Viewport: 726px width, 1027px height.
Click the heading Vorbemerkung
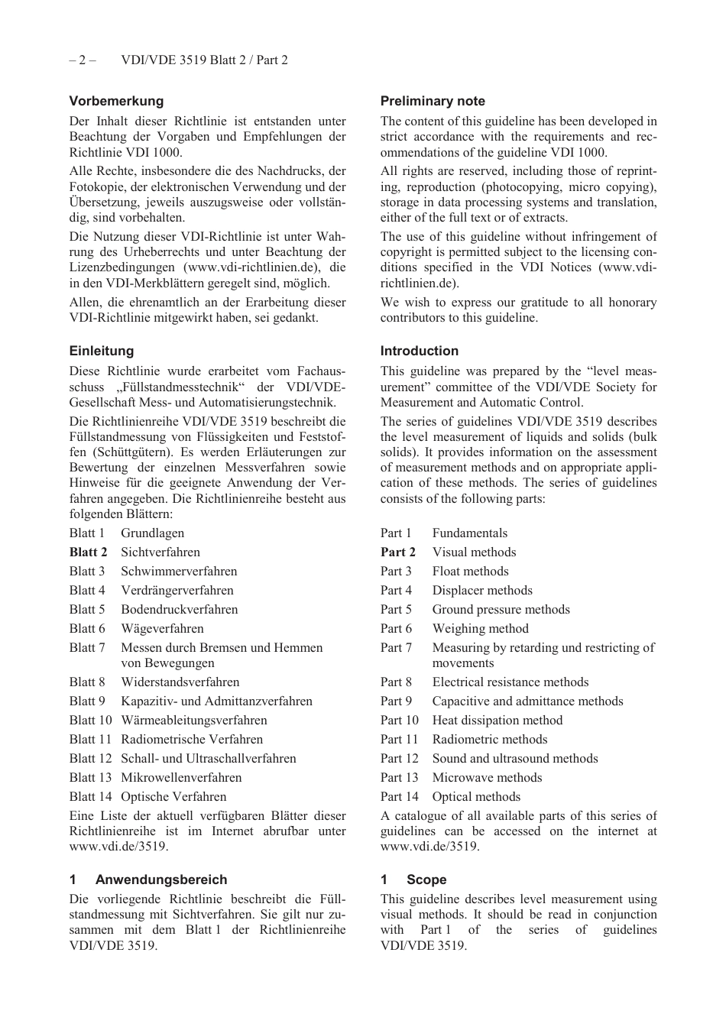click(x=116, y=101)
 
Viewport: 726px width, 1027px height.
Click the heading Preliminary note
click(x=433, y=101)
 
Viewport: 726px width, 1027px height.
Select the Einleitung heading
click(x=101, y=351)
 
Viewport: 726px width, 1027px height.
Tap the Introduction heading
click(x=420, y=351)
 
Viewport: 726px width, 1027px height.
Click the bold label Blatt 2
click(x=88, y=552)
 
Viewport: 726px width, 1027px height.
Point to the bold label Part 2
click(x=398, y=552)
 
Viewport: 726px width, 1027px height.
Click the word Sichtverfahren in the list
click(x=160, y=552)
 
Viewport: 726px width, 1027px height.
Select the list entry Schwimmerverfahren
click(x=179, y=571)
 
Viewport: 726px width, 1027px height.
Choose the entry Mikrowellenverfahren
click(x=181, y=777)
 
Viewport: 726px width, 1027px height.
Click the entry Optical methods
click(x=476, y=796)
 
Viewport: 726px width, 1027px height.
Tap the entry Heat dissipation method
click(x=497, y=720)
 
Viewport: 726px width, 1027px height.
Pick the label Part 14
click(x=400, y=796)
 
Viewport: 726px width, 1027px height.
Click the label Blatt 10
click(x=90, y=720)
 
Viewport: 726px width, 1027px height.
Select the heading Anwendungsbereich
click(x=161, y=880)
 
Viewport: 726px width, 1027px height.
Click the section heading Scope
click(x=426, y=880)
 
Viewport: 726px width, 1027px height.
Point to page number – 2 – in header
click(x=83, y=60)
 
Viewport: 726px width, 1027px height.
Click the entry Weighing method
click(x=480, y=628)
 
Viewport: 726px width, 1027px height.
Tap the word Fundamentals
click(x=469, y=533)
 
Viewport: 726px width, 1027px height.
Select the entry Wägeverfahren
click(x=162, y=628)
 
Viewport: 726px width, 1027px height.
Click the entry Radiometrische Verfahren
click(x=192, y=739)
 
